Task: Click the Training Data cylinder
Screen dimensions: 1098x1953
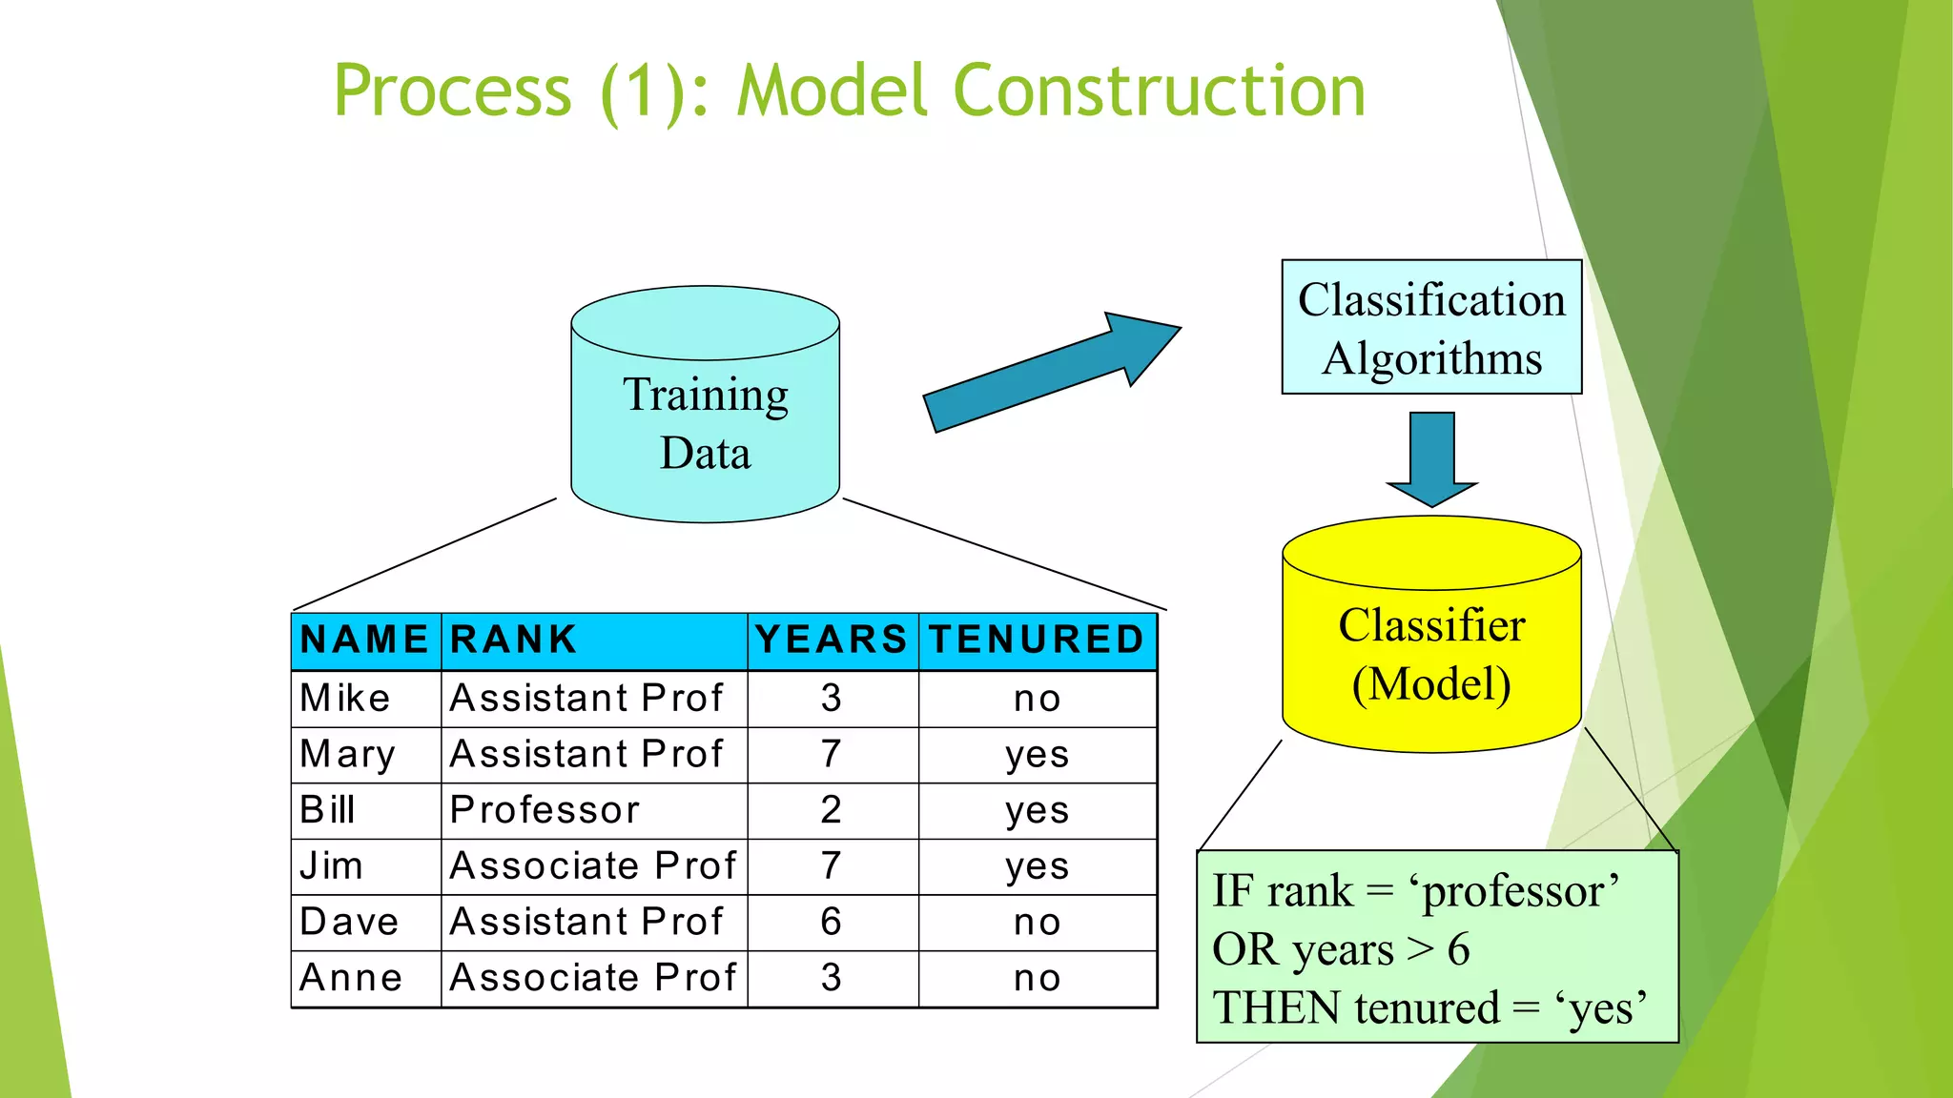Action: click(x=705, y=419)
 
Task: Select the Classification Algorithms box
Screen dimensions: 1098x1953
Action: click(x=1430, y=328)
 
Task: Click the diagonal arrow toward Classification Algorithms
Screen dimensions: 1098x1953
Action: click(x=1049, y=372)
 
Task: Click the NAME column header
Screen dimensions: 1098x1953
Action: click(x=364, y=640)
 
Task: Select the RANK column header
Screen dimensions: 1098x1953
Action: click(x=514, y=640)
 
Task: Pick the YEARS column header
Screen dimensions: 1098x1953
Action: click(x=832, y=640)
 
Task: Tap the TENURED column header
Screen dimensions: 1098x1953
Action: click(x=1037, y=640)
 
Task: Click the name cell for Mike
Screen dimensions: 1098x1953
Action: click(x=345, y=699)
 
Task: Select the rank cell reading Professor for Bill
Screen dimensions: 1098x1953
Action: click(x=545, y=810)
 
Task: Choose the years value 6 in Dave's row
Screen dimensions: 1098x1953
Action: click(x=832, y=922)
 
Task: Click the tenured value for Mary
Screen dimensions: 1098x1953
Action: click(x=1037, y=755)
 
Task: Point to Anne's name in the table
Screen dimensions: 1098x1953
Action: click(x=351, y=978)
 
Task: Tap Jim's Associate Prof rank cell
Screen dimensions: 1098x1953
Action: click(x=592, y=865)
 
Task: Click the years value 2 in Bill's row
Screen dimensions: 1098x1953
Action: click(x=832, y=810)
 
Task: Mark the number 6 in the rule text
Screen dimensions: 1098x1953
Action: click(x=1458, y=949)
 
